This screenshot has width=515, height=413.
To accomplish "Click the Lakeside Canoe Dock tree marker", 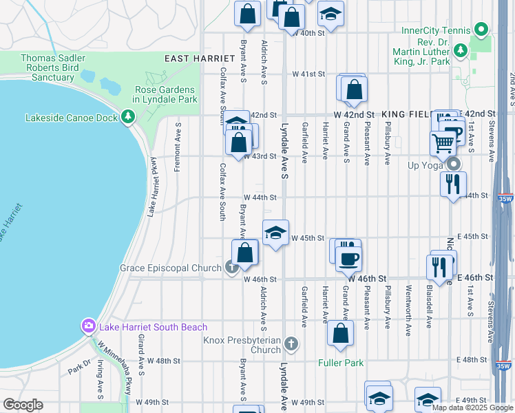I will (x=127, y=117).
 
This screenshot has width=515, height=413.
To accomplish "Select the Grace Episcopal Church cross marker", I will (x=233, y=267).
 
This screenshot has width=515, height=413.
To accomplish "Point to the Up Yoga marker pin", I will (x=454, y=165).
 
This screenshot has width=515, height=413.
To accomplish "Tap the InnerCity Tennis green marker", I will (x=481, y=30).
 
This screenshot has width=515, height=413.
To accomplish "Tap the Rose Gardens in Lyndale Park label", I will (x=165, y=95).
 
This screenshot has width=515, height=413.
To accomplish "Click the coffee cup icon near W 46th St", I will (x=348, y=259).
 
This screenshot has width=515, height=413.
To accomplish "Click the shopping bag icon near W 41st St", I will (x=354, y=89).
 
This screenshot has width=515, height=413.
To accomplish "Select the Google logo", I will (x=23, y=405).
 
